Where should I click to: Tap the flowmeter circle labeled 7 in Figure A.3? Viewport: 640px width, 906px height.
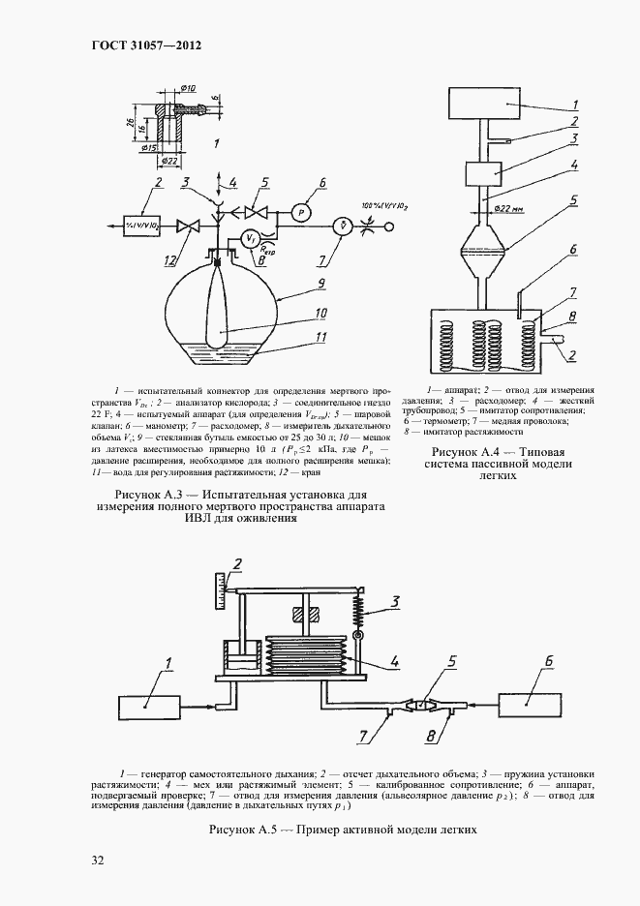click(340, 226)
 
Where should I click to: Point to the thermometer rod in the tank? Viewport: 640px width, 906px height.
click(519, 306)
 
